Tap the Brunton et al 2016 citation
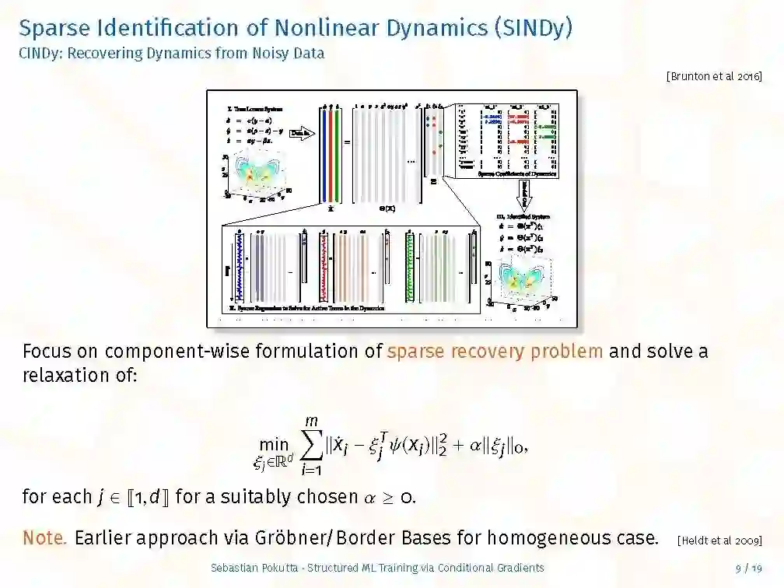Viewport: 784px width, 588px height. click(x=713, y=76)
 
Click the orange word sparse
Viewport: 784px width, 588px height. click(x=418, y=351)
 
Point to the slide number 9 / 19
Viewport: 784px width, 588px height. click(x=748, y=569)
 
